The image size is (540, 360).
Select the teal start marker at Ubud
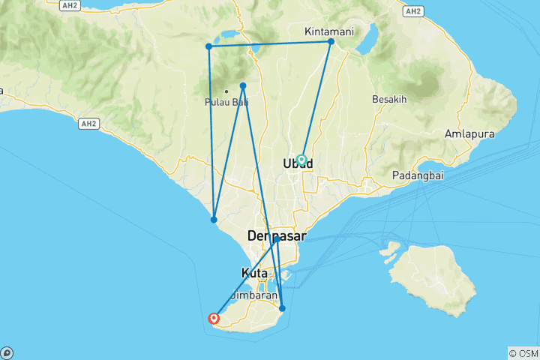301,160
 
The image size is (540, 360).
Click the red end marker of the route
215,319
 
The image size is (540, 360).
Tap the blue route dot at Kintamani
331,41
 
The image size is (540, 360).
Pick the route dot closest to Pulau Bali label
243,85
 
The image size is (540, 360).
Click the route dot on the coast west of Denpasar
214,220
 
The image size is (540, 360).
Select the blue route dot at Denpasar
277,240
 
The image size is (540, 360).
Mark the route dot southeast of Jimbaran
282,308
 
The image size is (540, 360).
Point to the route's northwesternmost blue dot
208,46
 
